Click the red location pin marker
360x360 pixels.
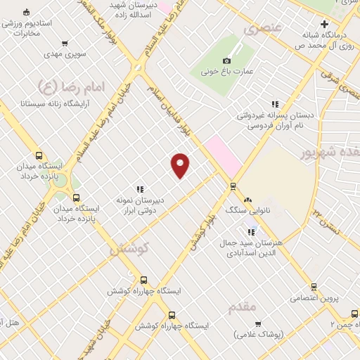coord(181,165)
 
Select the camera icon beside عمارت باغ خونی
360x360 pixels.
coord(227,60)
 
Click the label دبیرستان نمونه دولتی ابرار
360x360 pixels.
coord(140,204)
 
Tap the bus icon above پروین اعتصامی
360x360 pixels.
coord(314,287)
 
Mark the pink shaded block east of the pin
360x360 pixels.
coord(223,155)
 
